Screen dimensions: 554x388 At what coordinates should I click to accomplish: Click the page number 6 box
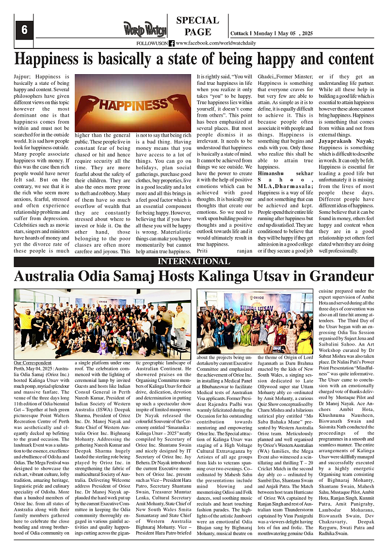(24, 30)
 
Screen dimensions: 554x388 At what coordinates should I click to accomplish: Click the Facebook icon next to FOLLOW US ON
(172, 43)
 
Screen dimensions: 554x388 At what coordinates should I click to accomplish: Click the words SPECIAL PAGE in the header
(197, 26)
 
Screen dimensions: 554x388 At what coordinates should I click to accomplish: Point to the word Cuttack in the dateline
(240, 33)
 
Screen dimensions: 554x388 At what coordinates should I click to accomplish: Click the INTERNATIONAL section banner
(194, 262)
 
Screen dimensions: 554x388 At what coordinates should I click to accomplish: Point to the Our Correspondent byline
(32, 363)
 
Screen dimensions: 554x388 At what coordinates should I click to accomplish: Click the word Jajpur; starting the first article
(24, 77)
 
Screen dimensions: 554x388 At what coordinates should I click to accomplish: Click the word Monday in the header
(263, 33)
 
